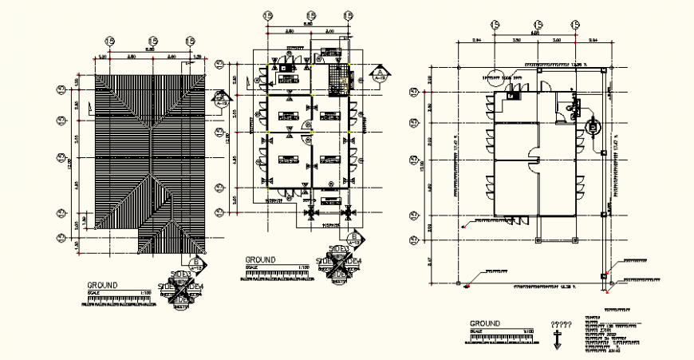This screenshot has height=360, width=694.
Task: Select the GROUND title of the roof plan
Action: pyautogui.click(x=103, y=285)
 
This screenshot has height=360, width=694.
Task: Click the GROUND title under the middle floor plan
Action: pyautogui.click(x=260, y=260)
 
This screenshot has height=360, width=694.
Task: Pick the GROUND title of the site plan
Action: pyautogui.click(x=485, y=323)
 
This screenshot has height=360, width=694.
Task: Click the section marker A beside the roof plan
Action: pyautogui.click(x=220, y=98)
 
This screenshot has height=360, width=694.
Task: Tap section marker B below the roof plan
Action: pyautogui.click(x=195, y=263)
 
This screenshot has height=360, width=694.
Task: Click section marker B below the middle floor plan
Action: pyautogui.click(x=353, y=238)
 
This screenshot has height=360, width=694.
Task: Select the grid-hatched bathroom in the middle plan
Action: pyautogui.click(x=341, y=77)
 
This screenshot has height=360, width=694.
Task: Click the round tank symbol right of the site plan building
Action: pyautogui.click(x=593, y=126)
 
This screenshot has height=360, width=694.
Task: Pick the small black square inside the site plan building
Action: pyautogui.click(x=513, y=96)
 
